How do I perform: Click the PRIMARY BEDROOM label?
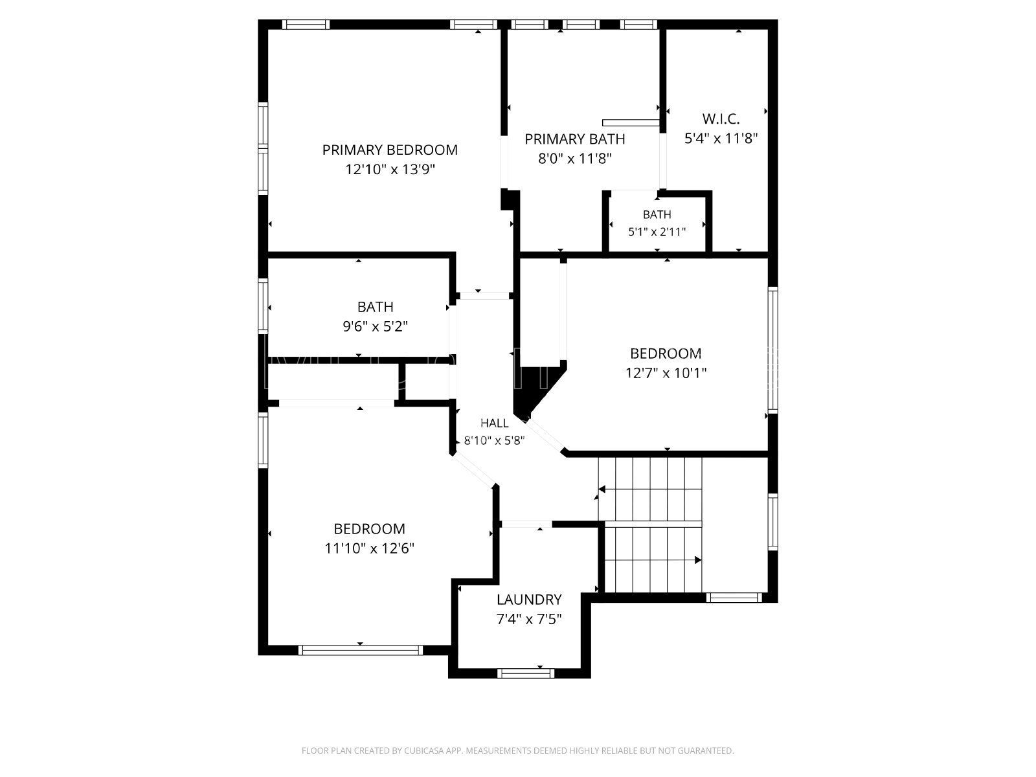tap(390, 150)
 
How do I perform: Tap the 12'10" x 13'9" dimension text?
tap(390, 170)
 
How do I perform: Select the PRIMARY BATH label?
tap(575, 139)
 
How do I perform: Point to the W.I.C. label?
tap(721, 119)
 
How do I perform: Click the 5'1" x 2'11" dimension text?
tap(657, 232)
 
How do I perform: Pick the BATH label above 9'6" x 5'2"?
tap(375, 307)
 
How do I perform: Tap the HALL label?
tap(494, 423)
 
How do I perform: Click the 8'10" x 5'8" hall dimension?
tap(494, 441)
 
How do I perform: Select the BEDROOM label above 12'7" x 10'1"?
tap(666, 354)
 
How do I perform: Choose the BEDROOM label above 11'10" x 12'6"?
tap(369, 529)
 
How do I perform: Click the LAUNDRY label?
tap(528, 600)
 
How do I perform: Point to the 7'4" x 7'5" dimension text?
tap(528, 619)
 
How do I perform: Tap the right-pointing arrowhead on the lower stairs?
tap(697, 561)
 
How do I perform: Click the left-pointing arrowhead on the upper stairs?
tap(602, 490)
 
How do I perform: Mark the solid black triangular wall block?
tap(538, 390)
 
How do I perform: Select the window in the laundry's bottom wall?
tap(526, 673)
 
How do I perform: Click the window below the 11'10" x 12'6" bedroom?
tap(361, 651)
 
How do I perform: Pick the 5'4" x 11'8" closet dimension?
tap(721, 138)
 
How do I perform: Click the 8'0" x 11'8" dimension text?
tap(575, 159)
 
